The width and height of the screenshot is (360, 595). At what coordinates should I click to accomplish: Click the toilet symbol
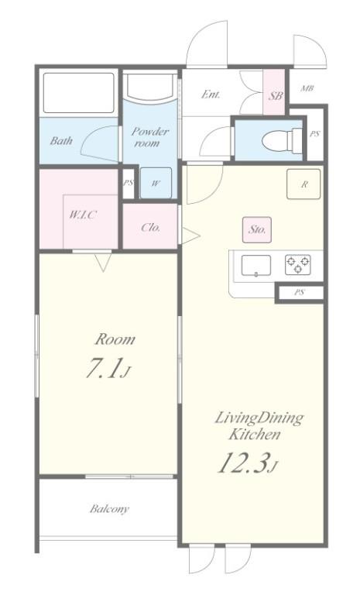(282, 139)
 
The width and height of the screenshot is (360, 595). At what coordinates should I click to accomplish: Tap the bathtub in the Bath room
(78, 93)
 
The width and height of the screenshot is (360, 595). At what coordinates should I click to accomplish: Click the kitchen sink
(256, 265)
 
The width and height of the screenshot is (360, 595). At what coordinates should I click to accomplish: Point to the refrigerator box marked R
(303, 184)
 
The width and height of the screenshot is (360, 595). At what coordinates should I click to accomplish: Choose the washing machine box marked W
(156, 183)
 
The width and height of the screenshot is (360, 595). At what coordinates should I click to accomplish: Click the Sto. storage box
(257, 229)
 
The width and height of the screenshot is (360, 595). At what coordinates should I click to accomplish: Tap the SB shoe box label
(276, 96)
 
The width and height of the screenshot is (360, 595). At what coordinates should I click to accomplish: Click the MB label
(307, 89)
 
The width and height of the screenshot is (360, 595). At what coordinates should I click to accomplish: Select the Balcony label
(109, 508)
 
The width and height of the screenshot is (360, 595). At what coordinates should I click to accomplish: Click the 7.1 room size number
(104, 368)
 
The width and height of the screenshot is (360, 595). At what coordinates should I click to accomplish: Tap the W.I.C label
(83, 215)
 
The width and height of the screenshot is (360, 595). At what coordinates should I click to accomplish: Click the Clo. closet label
(151, 227)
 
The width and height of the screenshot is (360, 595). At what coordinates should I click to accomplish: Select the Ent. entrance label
(211, 94)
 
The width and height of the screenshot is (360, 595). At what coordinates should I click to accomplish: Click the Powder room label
(149, 137)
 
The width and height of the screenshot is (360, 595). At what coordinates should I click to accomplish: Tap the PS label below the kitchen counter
(300, 293)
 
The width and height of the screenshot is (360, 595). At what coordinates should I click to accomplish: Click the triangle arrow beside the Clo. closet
(190, 236)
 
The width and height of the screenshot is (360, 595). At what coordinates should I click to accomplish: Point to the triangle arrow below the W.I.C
(103, 262)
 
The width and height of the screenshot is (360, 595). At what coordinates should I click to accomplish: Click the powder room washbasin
(151, 88)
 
